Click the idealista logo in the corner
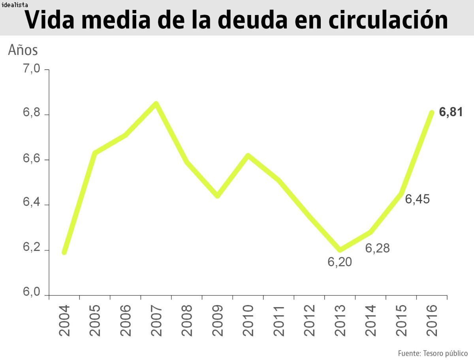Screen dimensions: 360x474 [x=14, y=5]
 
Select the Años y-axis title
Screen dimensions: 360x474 [x=23, y=51]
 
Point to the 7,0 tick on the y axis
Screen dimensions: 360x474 [x=32, y=69]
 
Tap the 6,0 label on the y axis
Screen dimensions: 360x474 [x=32, y=293]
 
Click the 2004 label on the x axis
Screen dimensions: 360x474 [x=64, y=320]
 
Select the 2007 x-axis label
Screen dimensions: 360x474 [x=156, y=320]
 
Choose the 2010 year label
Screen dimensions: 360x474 [x=248, y=320]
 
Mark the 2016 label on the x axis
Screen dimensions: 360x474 [x=432, y=320]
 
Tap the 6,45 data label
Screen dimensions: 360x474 [x=418, y=199]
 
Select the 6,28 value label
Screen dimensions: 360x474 [x=377, y=249]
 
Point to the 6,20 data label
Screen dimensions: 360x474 [x=340, y=262]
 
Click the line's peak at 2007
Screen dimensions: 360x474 [x=156, y=104]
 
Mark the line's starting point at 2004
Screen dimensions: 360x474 [x=64, y=252]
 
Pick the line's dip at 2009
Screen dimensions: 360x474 [x=217, y=196]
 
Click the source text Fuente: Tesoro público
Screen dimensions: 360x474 [x=433, y=353]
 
